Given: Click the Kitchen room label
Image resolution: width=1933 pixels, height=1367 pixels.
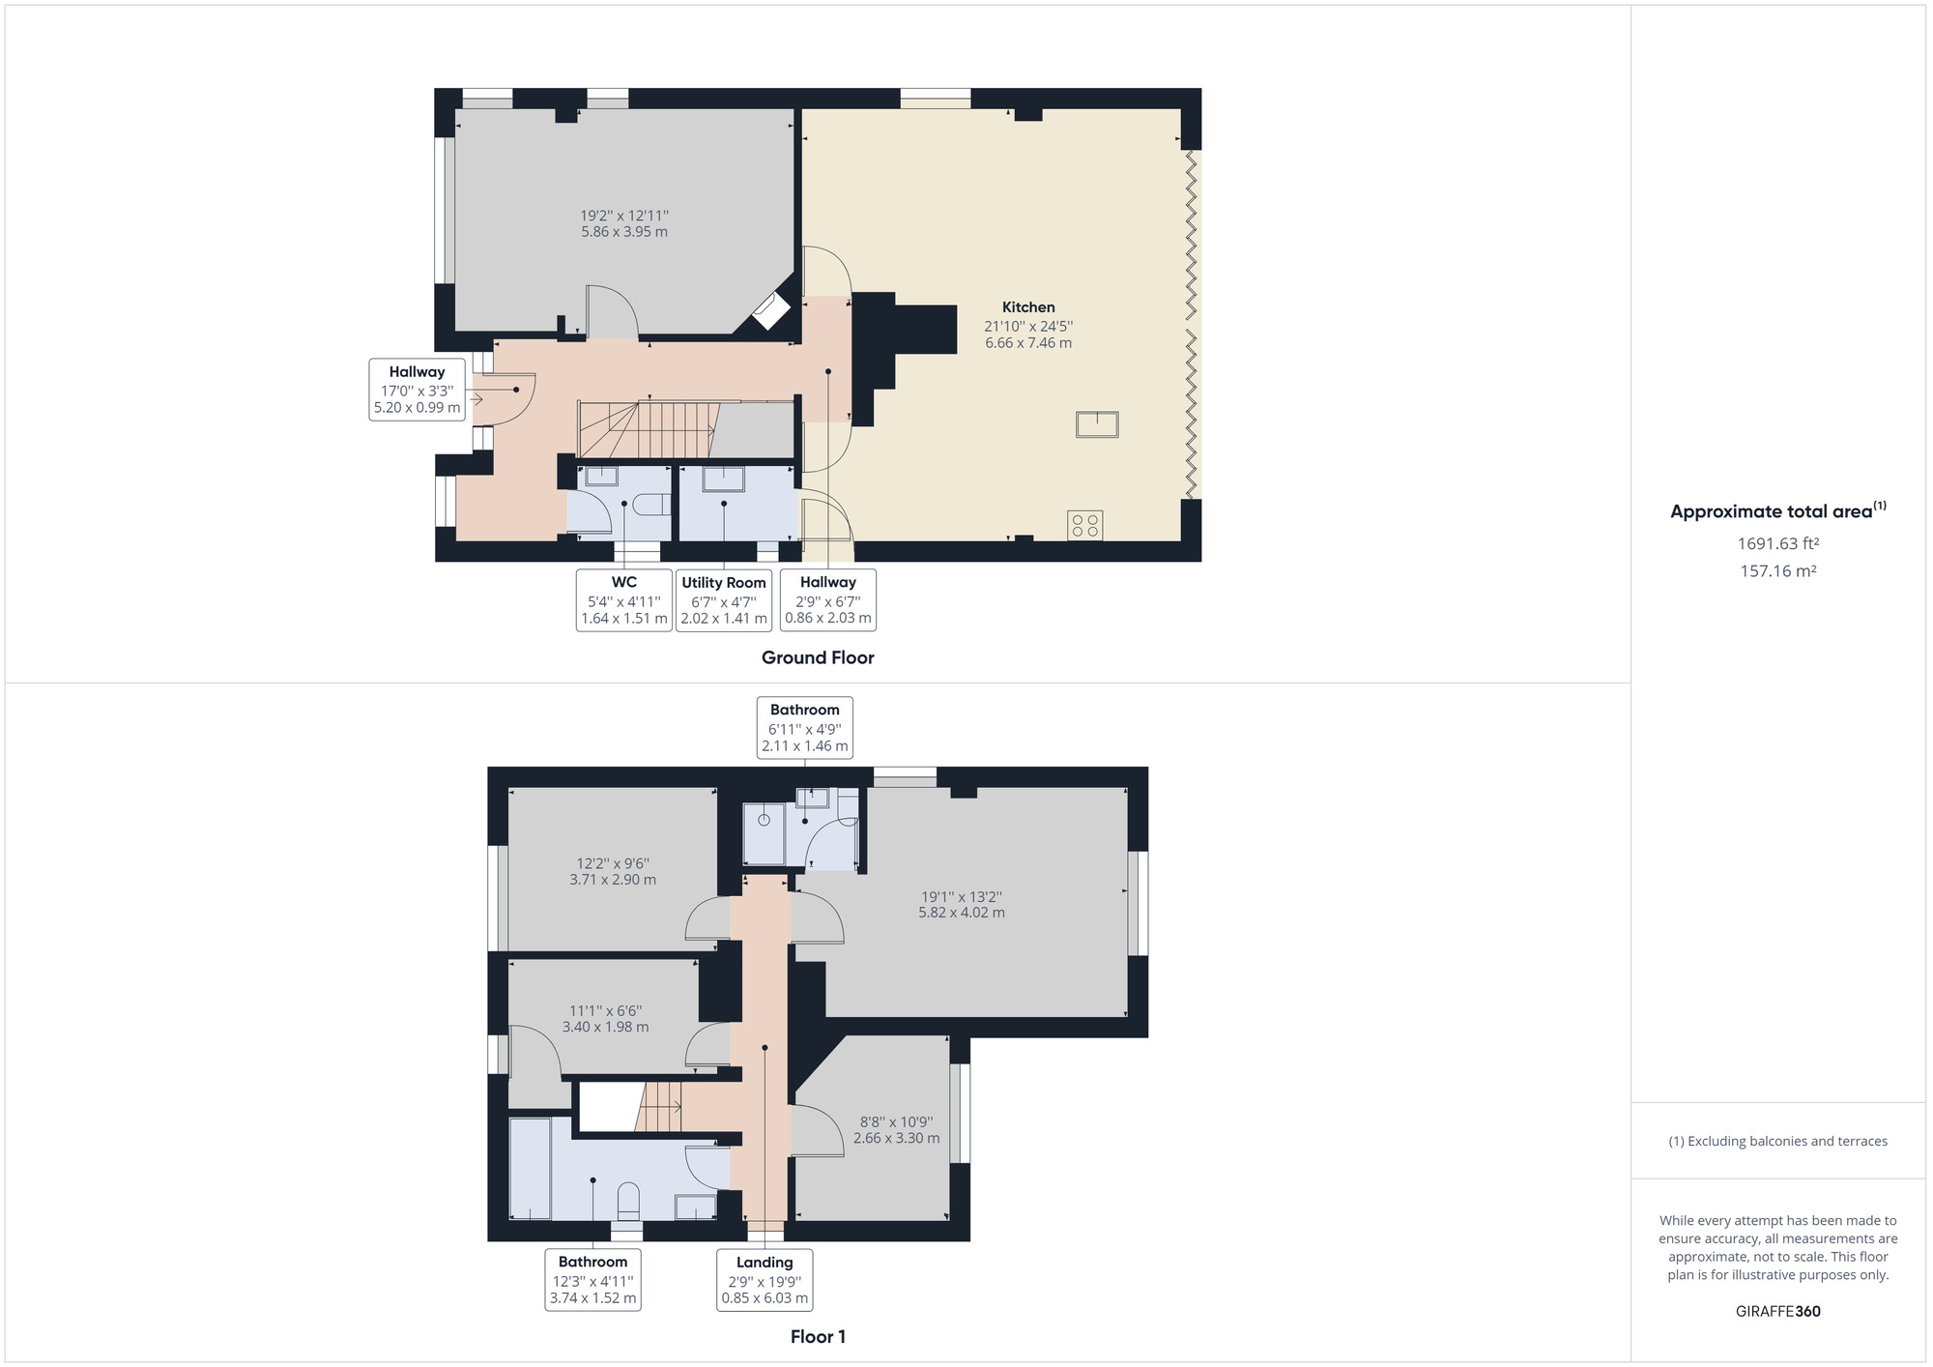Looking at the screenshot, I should click(x=1027, y=307).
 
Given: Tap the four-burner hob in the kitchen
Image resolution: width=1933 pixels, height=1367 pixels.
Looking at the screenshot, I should click(x=1084, y=525).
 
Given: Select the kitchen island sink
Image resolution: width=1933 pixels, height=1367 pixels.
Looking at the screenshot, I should click(x=1097, y=424).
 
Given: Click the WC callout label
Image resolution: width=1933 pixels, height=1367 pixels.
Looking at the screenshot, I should click(x=623, y=599).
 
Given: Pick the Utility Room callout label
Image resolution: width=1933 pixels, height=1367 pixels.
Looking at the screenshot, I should click(x=724, y=599).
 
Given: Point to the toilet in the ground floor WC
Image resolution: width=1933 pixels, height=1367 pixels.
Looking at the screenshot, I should click(x=655, y=504).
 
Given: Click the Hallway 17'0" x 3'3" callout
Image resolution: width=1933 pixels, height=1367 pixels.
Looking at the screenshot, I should click(x=417, y=390).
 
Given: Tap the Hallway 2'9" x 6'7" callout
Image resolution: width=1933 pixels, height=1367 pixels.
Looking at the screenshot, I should click(x=827, y=599).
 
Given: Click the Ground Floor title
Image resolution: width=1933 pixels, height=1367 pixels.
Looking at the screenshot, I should click(x=818, y=657).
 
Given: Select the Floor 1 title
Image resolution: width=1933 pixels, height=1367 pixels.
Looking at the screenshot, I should click(x=818, y=1336).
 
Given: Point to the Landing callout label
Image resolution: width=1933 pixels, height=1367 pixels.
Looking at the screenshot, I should click(x=765, y=1279).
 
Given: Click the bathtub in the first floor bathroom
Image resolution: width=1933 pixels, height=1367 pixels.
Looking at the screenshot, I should click(x=530, y=1169).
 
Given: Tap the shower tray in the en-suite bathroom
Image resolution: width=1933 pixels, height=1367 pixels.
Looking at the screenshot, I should click(x=764, y=832).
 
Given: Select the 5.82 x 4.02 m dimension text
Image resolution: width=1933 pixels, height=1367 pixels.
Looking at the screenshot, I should click(x=962, y=913).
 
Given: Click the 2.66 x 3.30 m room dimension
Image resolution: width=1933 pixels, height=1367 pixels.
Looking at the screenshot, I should click(x=896, y=1138).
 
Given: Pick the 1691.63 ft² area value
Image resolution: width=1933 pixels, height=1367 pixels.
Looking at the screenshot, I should click(x=1777, y=543).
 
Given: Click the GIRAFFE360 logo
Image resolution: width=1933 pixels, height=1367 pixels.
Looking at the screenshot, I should click(x=1777, y=1311).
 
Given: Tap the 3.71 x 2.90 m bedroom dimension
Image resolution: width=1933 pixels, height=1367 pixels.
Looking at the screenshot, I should click(x=613, y=880).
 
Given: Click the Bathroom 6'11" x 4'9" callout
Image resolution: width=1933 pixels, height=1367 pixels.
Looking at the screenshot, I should click(x=804, y=727).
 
